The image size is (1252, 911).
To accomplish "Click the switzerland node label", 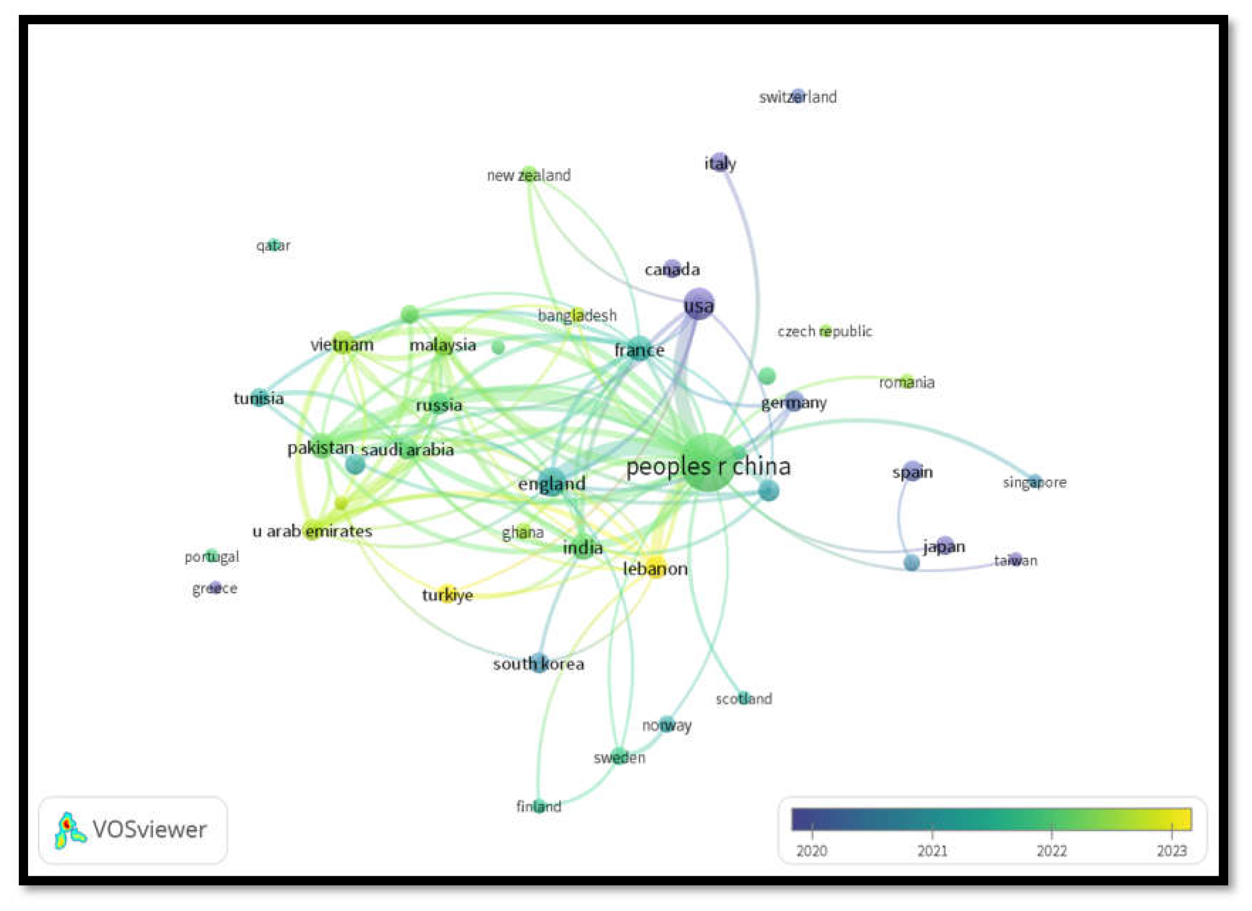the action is pos(797,97).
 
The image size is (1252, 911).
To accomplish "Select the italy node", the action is pos(719,161).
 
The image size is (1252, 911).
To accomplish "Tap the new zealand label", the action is pos(528,176).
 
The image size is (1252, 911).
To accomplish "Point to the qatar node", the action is pos(273,243).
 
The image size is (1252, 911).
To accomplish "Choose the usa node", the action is pos(699,304).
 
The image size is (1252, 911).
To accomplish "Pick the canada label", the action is pos(672,270).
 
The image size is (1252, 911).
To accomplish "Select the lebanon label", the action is pos(655,569).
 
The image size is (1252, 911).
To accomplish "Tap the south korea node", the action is pos(539,662).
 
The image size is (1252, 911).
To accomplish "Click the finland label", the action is pos(539,807).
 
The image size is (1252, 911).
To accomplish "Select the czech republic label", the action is pos(825,331).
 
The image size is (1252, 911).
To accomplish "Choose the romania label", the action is pos(906,382).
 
